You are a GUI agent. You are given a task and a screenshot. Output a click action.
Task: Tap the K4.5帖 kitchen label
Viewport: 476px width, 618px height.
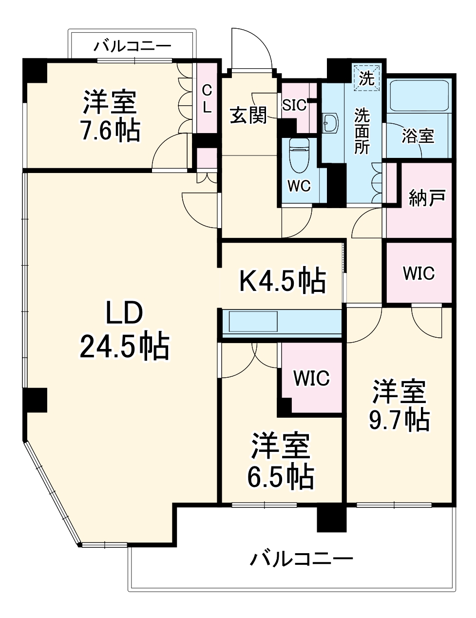point(283,280)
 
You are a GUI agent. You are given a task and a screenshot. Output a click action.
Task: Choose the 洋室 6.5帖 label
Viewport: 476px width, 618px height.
point(280,461)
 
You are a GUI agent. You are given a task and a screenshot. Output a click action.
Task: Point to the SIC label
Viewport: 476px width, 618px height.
point(294,105)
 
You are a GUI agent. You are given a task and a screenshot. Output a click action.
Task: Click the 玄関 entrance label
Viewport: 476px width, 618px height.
point(248,116)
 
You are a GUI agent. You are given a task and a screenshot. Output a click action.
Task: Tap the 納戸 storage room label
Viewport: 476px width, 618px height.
point(426,198)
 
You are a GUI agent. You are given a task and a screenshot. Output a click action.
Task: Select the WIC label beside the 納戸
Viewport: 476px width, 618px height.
point(419,273)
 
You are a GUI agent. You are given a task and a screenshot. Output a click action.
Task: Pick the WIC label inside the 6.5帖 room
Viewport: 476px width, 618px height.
point(311,378)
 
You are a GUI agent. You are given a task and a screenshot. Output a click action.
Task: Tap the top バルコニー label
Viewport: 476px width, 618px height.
point(133,46)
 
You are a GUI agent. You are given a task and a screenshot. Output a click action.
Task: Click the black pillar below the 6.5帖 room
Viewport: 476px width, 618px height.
point(331,519)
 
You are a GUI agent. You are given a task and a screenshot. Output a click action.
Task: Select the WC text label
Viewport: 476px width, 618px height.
point(299,186)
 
